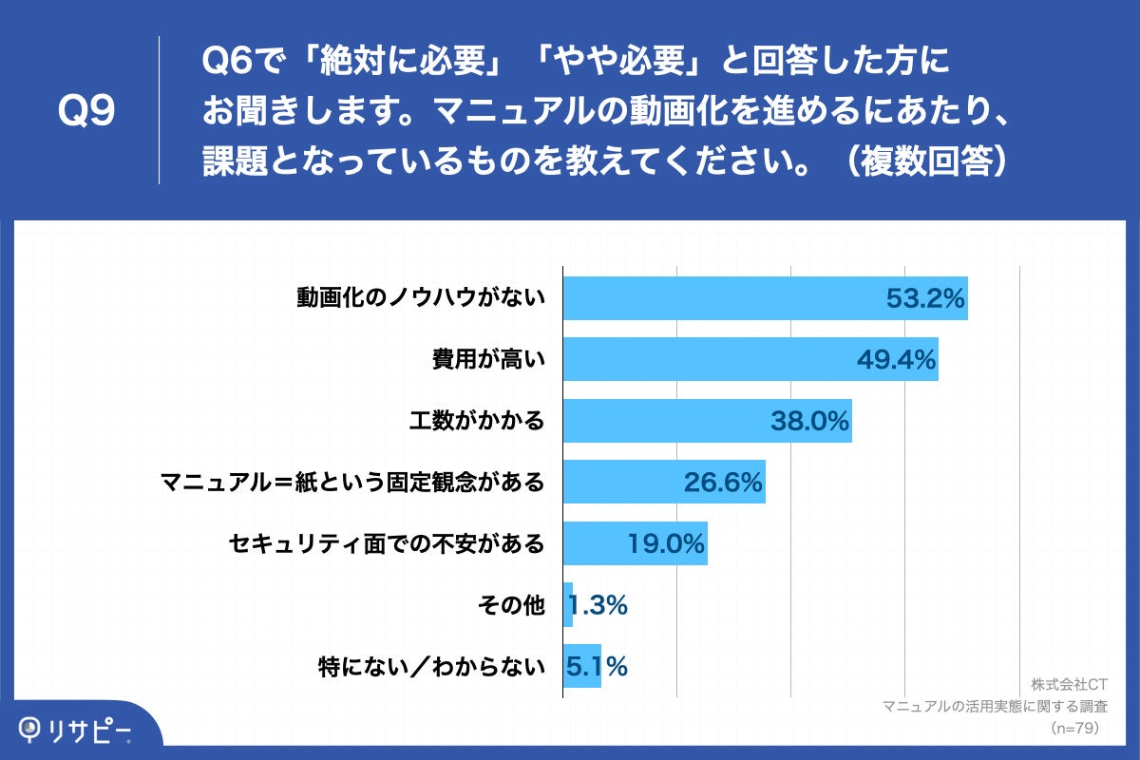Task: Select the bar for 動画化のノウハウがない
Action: click(x=765, y=298)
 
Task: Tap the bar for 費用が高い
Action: click(x=750, y=359)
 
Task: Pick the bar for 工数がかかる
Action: click(x=707, y=421)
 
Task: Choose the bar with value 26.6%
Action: click(x=664, y=482)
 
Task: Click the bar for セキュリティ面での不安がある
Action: click(x=635, y=543)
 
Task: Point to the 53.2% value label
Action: click(x=925, y=298)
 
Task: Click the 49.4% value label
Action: click(x=896, y=360)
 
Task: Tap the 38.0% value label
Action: click(x=809, y=421)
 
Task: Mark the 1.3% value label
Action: click(x=598, y=605)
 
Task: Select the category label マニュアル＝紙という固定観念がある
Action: click(x=353, y=483)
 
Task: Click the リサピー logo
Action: click(x=77, y=730)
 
